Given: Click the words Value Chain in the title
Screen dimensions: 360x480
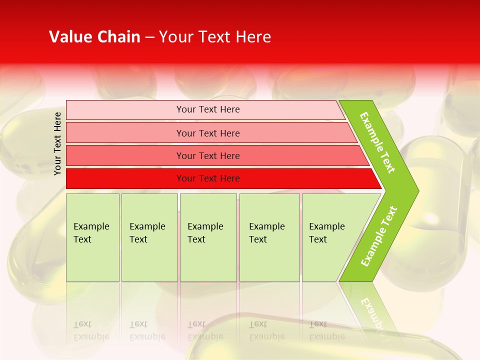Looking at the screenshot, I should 94,37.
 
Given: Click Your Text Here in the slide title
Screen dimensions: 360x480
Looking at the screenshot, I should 215,37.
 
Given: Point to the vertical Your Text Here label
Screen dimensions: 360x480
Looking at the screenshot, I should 58,143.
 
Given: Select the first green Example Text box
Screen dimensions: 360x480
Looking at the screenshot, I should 92,237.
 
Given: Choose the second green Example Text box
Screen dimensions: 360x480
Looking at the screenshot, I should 149,237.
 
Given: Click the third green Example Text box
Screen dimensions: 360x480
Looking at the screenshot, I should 207,237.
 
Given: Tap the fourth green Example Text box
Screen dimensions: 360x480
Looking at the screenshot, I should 269,237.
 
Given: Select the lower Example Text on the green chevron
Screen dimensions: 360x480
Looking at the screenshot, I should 379,236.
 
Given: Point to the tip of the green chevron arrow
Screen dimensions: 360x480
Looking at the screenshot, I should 416,190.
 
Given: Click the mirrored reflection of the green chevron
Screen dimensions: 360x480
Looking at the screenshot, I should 370,307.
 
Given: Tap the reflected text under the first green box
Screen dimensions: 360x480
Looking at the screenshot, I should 91,330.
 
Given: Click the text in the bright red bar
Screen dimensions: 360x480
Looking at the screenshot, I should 208,178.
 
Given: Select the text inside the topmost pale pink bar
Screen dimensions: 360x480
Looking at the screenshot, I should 208,109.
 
